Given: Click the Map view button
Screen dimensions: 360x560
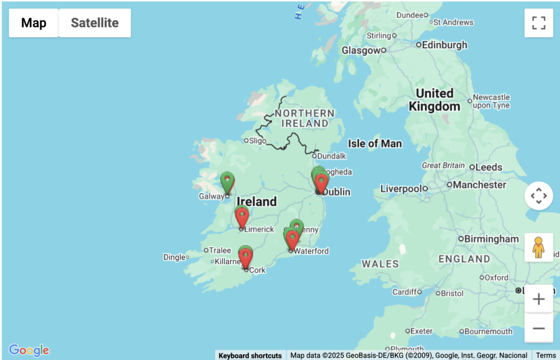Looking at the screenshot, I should pyautogui.click(x=34, y=23).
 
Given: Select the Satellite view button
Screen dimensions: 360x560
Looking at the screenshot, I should pyautogui.click(x=95, y=23).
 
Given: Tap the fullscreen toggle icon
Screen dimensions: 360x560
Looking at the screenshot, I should pyautogui.click(x=539, y=23).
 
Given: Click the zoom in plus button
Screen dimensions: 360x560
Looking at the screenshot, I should pyautogui.click(x=539, y=299).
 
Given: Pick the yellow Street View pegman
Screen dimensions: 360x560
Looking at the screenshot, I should pyautogui.click(x=539, y=247).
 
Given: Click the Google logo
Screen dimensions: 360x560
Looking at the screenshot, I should pyautogui.click(x=29, y=350).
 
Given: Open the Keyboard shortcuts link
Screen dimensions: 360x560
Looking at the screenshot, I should pyautogui.click(x=250, y=356).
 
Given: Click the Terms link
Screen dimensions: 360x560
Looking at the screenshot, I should pyautogui.click(x=545, y=356).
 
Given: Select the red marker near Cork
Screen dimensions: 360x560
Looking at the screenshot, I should pyautogui.click(x=246, y=257).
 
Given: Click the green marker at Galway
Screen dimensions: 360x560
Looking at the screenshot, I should pyautogui.click(x=227, y=181).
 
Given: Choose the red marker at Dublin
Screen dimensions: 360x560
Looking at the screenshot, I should pyautogui.click(x=322, y=183).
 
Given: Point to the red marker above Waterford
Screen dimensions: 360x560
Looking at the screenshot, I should pyautogui.click(x=293, y=239).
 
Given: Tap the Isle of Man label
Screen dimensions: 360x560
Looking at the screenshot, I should pyautogui.click(x=375, y=144).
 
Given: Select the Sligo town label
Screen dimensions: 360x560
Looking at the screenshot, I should pyautogui.click(x=257, y=141).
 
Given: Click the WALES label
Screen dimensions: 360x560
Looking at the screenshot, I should pyautogui.click(x=381, y=264).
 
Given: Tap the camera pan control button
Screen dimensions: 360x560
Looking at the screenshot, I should pyautogui.click(x=539, y=195).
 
